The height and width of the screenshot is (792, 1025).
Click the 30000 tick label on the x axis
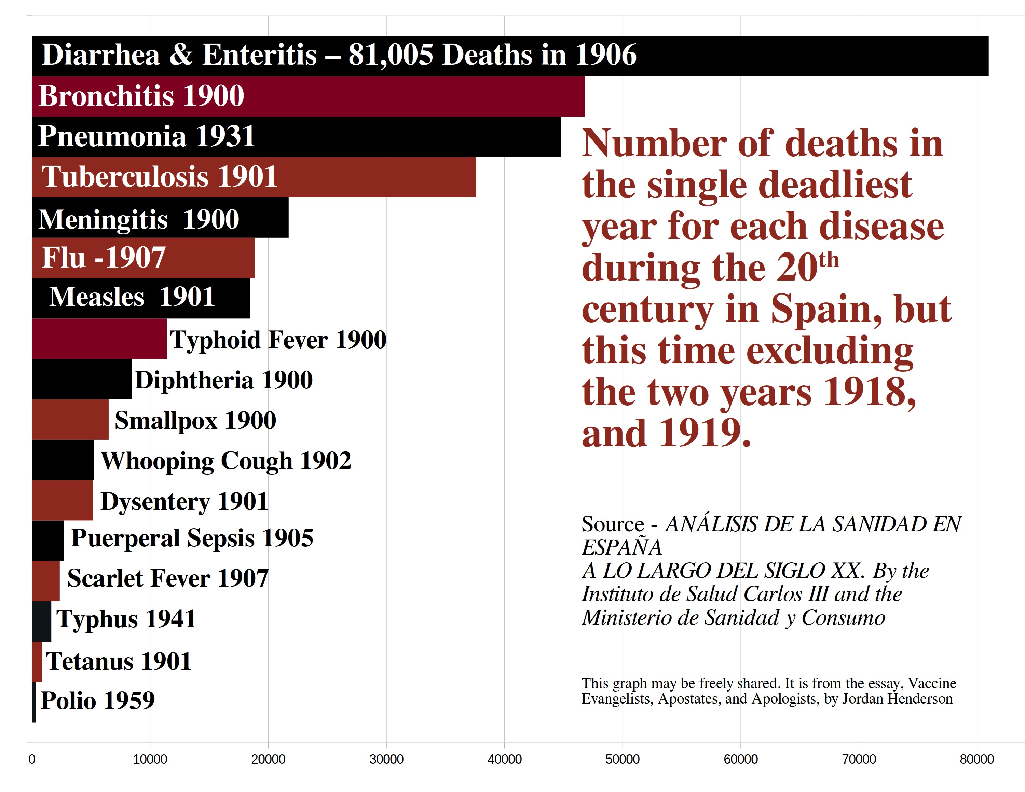click(x=386, y=759)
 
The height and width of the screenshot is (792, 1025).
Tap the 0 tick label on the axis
click(x=32, y=759)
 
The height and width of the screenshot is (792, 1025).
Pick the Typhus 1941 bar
click(x=41, y=621)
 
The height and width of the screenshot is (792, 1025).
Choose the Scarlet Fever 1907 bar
click(x=45, y=581)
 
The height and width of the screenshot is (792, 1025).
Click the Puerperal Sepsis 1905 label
click(x=191, y=538)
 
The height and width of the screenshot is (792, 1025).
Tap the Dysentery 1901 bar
click(x=62, y=500)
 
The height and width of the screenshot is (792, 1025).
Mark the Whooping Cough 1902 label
click(x=226, y=461)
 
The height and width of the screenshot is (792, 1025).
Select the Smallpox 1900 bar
click(x=70, y=420)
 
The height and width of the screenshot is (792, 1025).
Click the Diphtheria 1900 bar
click(x=82, y=379)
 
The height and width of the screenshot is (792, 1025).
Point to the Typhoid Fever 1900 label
click(x=278, y=340)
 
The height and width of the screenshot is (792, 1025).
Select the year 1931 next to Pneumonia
click(x=225, y=137)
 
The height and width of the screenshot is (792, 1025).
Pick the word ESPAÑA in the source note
click(x=621, y=547)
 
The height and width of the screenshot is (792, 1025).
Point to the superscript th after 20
click(x=829, y=259)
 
